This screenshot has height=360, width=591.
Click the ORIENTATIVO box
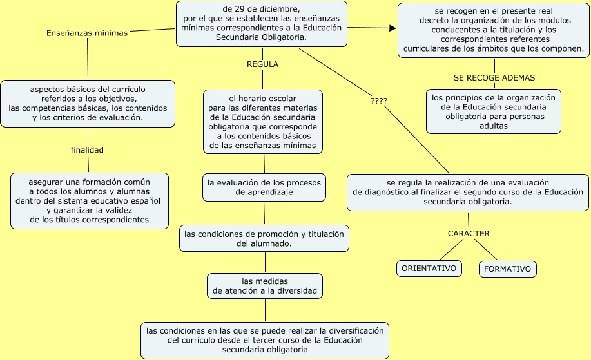click(429, 268)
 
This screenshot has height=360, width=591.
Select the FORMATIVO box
click(507, 269)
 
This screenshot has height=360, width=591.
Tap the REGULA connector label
click(262, 64)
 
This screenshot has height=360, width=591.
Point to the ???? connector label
click(379, 101)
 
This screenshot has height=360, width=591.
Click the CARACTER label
click(469, 233)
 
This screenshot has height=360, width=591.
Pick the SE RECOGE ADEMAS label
click(494, 77)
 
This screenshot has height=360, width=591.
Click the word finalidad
click(87, 150)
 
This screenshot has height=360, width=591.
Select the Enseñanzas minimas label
click(87, 33)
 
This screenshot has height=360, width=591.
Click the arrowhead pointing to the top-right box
click(392, 28)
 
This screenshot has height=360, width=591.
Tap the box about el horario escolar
click(262, 122)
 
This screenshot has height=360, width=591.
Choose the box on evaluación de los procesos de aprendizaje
click(264, 187)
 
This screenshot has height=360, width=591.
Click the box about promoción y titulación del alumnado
click(264, 238)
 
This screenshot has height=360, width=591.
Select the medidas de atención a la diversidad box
click(265, 286)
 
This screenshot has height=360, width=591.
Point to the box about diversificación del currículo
click(265, 340)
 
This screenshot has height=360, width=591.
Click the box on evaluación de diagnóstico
click(467, 192)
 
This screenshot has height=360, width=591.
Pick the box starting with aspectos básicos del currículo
click(88, 102)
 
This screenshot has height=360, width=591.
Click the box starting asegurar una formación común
click(90, 200)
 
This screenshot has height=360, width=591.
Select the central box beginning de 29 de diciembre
click(262, 24)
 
